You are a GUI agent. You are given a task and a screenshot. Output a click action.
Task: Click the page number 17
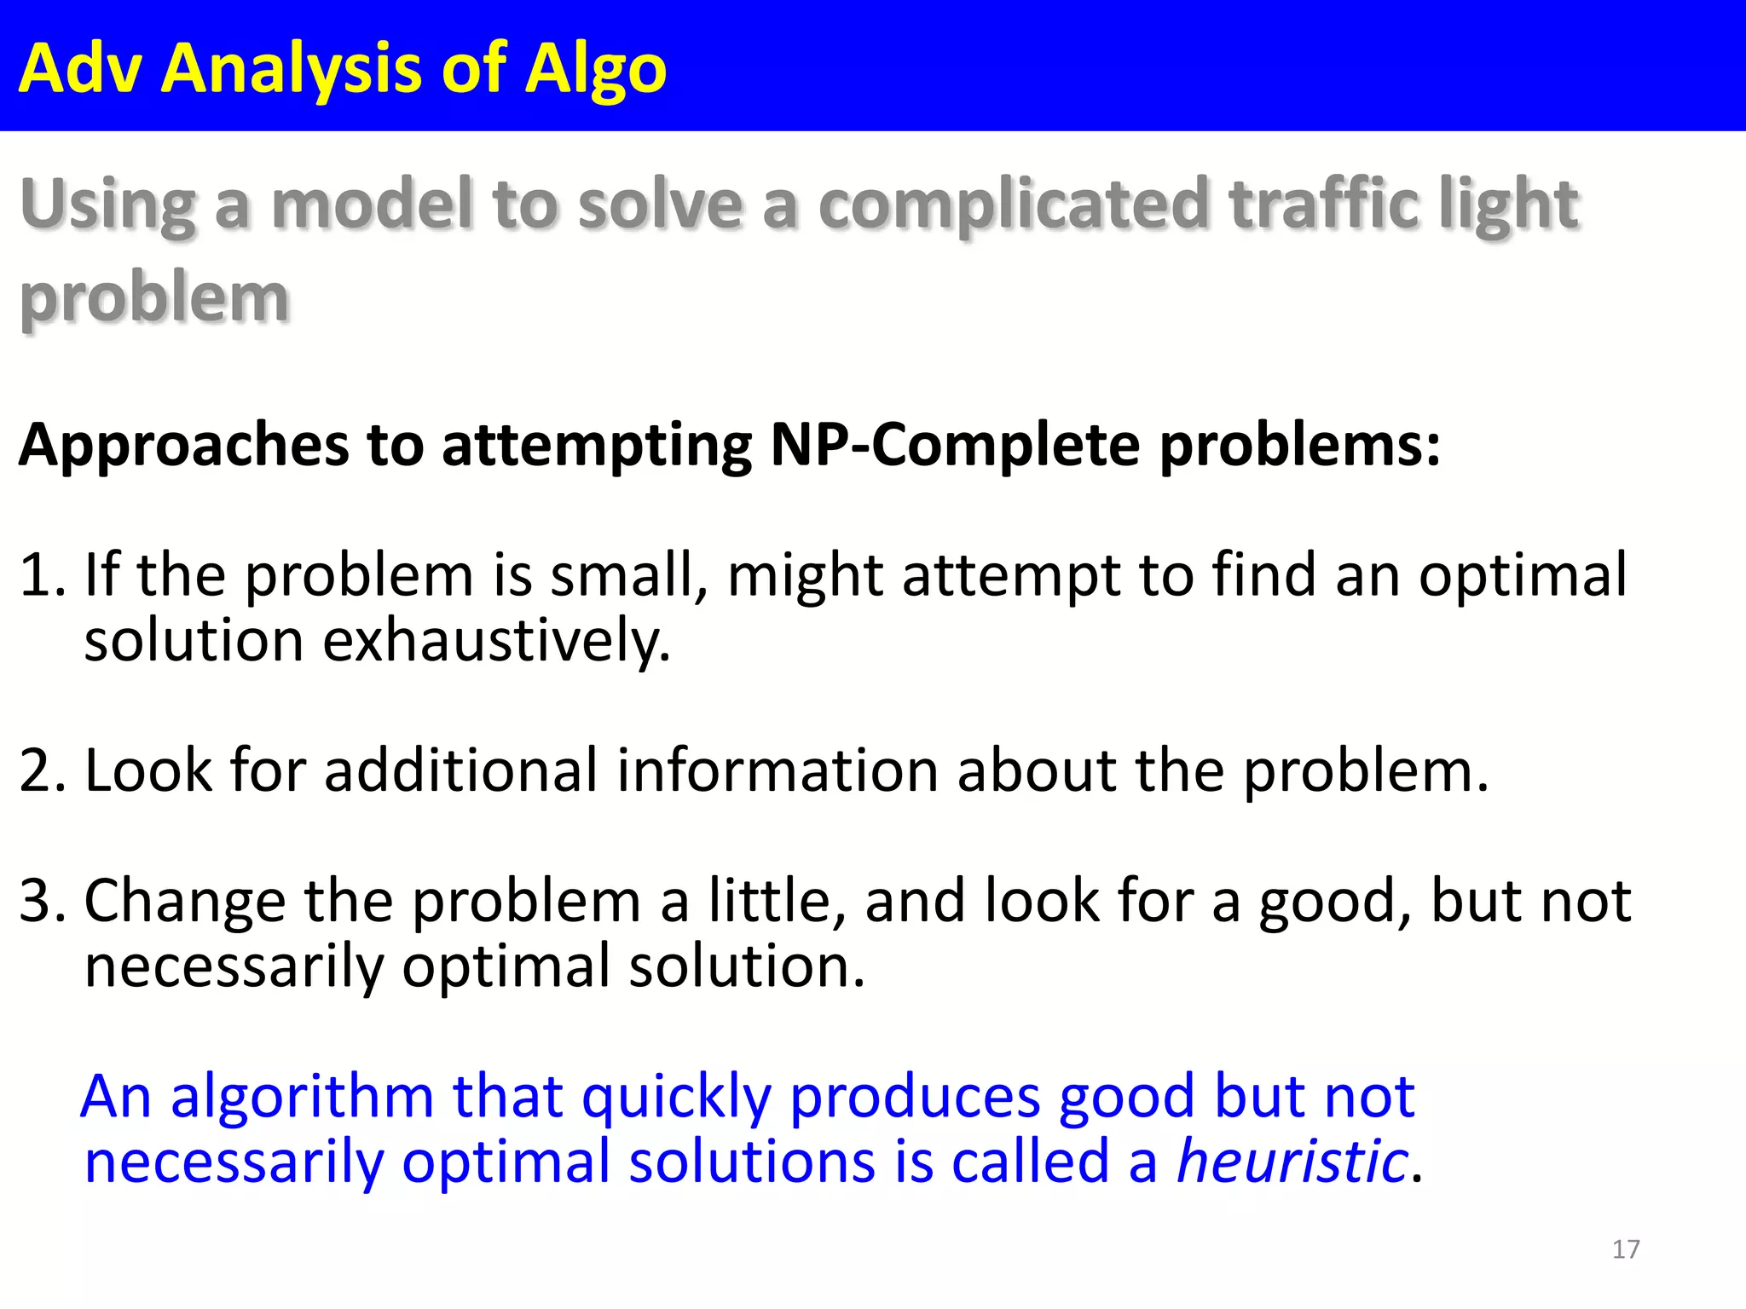pyautogui.click(x=1626, y=1249)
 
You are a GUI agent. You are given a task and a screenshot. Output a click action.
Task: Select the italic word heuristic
pyautogui.click(x=1292, y=1162)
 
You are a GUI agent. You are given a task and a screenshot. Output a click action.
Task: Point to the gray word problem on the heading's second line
pyautogui.click(x=154, y=300)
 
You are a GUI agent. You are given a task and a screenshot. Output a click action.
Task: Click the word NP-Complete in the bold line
pyautogui.click(x=955, y=445)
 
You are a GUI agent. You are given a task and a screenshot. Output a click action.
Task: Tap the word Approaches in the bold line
pyautogui.click(x=183, y=447)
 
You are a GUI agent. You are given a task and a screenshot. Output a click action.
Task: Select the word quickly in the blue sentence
pyautogui.click(x=676, y=1098)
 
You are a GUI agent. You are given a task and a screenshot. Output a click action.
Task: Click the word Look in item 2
pyautogui.click(x=148, y=770)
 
